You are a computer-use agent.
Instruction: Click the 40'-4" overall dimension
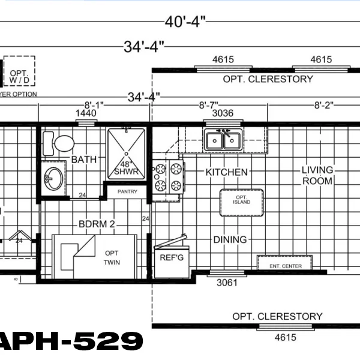[185, 22]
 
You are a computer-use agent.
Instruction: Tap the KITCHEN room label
[226, 172]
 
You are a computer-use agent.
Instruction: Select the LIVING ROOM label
[317, 175]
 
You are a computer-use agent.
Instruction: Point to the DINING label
[230, 239]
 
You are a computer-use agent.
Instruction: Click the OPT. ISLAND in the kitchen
[242, 199]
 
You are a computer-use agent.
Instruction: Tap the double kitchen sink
[223, 140]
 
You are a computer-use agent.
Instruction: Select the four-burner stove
[169, 177]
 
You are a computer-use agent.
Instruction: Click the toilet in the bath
[61, 143]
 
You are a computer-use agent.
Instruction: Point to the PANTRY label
[127, 192]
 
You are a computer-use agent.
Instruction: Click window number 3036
[223, 113]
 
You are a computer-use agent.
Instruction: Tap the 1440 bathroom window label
[85, 113]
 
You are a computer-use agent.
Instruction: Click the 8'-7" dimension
[209, 104]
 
